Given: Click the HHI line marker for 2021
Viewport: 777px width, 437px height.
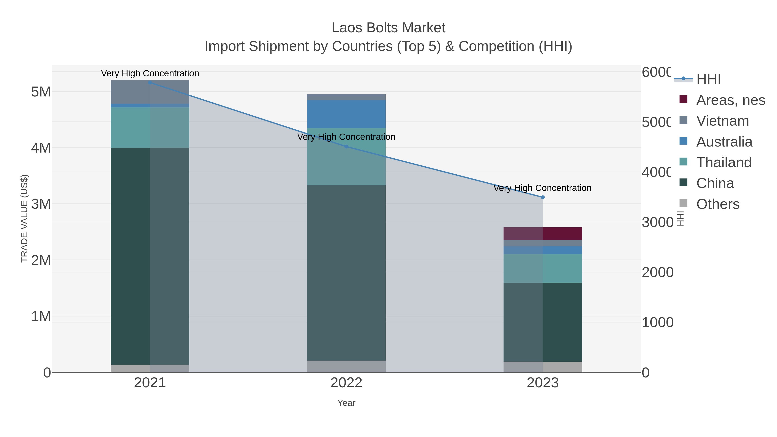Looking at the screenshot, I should click(x=150, y=82).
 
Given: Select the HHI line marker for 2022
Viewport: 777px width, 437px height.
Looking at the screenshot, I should click(x=346, y=147).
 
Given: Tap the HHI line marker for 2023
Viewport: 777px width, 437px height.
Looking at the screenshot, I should click(x=543, y=197).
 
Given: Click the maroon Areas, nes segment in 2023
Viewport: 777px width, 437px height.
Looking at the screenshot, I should click(x=543, y=233).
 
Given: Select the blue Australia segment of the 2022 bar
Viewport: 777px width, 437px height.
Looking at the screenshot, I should click(x=346, y=114).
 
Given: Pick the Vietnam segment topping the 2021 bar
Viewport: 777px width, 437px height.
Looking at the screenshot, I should click(x=150, y=92).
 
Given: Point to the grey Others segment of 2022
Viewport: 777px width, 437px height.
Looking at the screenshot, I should click(x=346, y=366).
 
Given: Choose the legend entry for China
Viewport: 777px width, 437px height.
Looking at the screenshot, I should click(x=715, y=183).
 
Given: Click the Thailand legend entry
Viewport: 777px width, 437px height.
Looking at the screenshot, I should click(x=724, y=162).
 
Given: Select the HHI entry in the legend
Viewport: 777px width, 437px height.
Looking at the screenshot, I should click(x=708, y=79).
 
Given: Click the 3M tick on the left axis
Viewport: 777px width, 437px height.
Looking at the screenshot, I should click(x=41, y=204).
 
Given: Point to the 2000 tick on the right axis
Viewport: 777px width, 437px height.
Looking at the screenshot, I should click(x=658, y=272).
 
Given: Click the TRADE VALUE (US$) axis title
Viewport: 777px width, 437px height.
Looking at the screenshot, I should click(x=24, y=218).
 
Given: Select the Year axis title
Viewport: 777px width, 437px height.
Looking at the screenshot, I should click(x=346, y=403).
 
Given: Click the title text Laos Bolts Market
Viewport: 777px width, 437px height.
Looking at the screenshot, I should click(x=388, y=28).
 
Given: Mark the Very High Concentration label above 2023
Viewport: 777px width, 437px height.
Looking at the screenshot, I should click(x=542, y=188).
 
